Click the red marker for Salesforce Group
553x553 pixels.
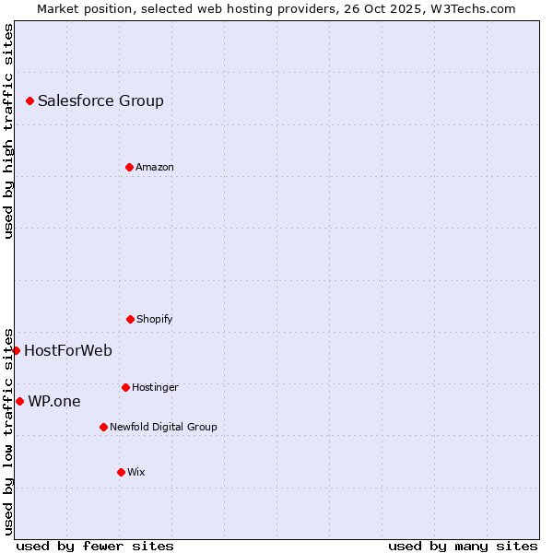29,100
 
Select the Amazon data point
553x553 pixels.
129,167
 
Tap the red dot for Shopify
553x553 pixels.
130,319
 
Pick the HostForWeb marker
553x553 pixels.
16,350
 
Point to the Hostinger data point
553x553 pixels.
125,387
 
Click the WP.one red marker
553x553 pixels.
19,401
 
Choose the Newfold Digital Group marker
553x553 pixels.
103,427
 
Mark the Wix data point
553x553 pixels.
121,472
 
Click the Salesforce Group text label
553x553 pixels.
100,101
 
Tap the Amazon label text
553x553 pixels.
155,167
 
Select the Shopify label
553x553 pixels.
155,319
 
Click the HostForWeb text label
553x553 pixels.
68,350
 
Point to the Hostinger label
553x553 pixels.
155,387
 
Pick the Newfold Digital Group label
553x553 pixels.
163,427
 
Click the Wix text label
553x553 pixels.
136,472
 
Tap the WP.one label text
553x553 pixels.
54,401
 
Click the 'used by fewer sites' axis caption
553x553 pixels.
95,546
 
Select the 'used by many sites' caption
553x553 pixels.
463,546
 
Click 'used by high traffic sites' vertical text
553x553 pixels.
8,131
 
